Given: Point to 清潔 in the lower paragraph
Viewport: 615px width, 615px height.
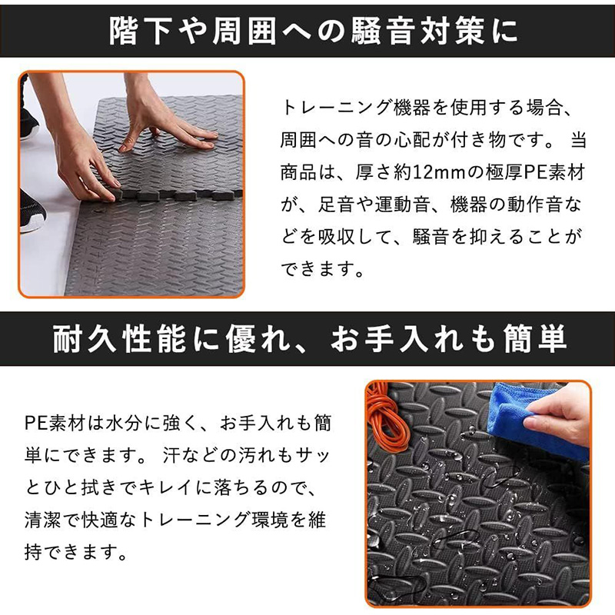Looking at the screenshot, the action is (42, 520).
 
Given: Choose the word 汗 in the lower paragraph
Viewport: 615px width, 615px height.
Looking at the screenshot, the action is (171, 455).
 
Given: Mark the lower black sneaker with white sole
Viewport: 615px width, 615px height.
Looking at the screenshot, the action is (32, 212).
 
